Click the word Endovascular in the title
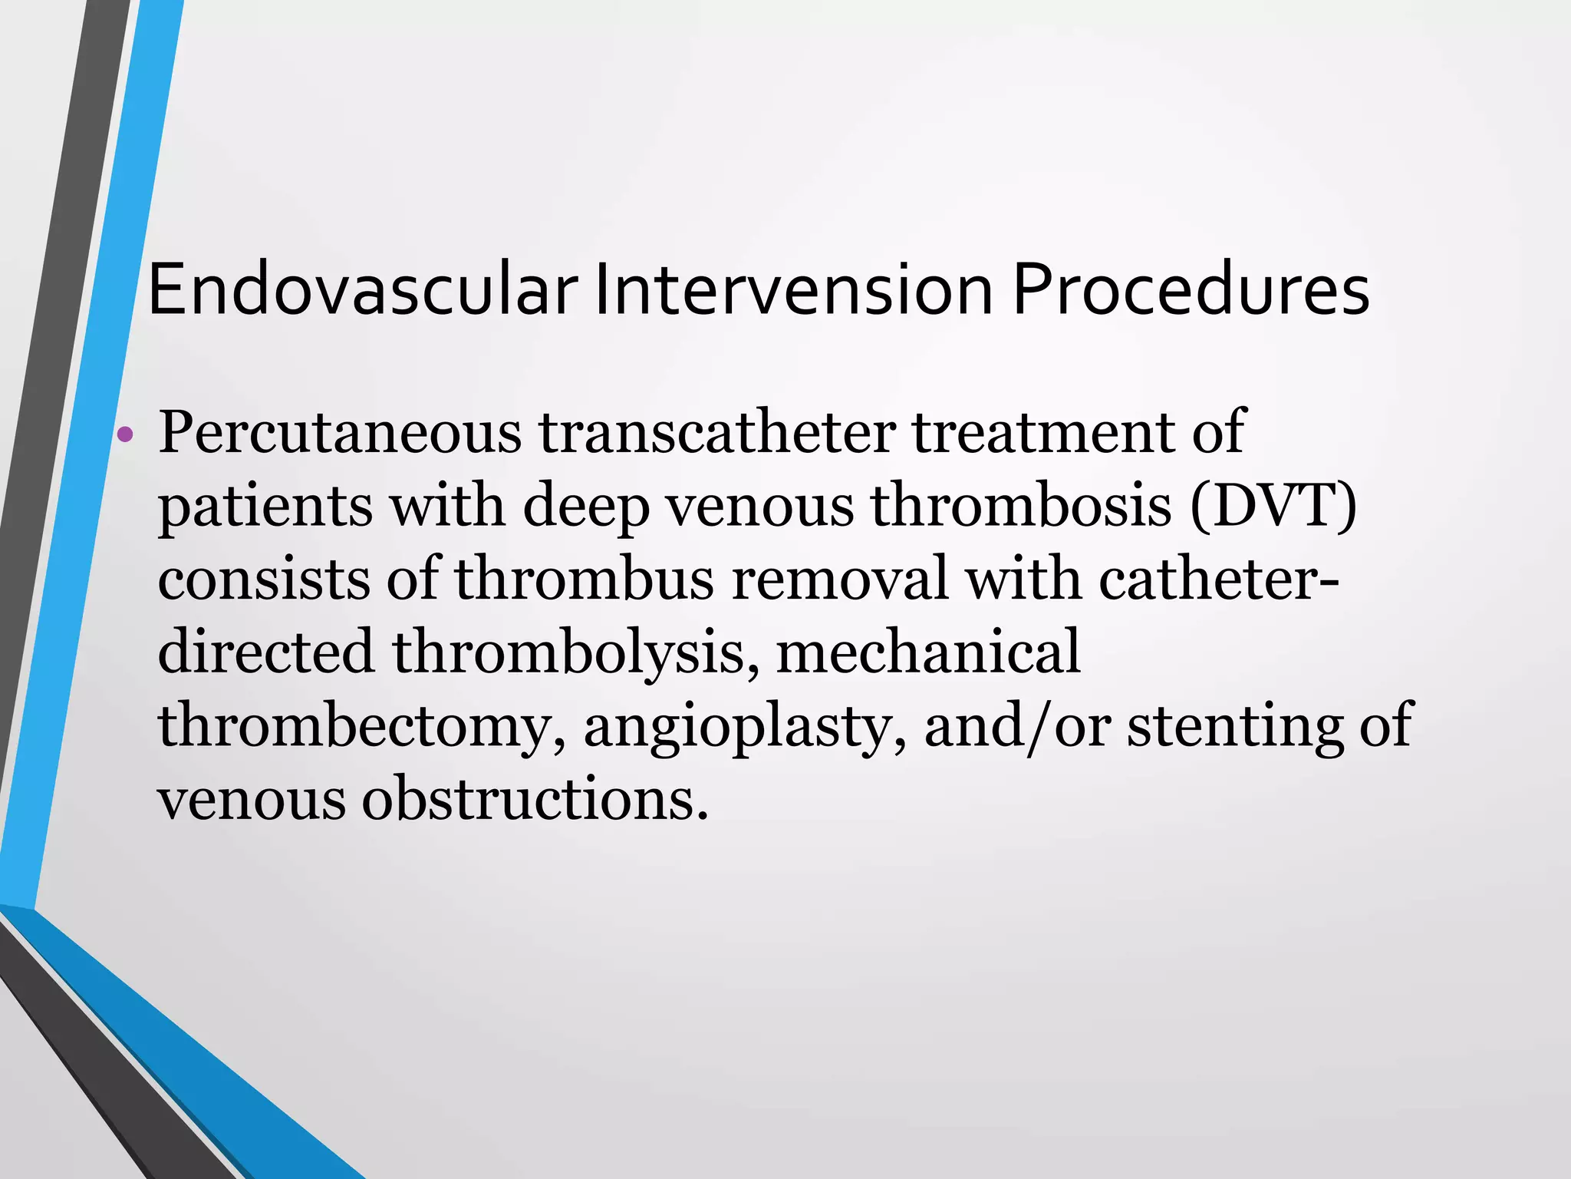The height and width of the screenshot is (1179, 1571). (x=363, y=289)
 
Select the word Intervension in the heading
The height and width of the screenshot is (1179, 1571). (x=794, y=289)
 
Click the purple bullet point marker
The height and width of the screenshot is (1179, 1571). (x=124, y=437)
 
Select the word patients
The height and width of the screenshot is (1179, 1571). (x=265, y=508)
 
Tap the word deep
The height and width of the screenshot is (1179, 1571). (x=586, y=508)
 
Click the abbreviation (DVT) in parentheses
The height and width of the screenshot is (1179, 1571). (x=1273, y=507)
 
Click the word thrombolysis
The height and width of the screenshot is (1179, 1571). (x=569, y=653)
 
